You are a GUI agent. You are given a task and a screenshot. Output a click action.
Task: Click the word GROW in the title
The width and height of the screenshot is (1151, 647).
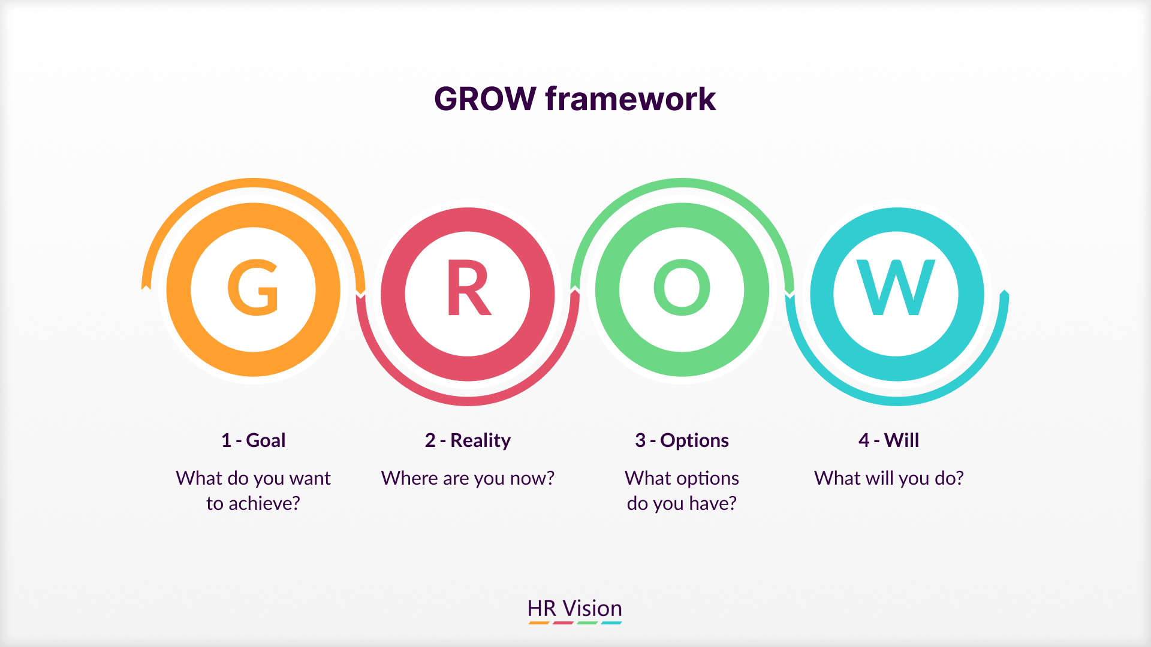(x=484, y=99)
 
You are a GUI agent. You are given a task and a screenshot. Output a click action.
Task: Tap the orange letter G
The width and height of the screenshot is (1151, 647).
(x=253, y=288)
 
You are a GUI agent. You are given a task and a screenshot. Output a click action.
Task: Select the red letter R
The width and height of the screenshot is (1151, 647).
(x=468, y=288)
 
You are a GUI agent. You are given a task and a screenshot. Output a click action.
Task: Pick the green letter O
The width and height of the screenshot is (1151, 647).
(x=682, y=288)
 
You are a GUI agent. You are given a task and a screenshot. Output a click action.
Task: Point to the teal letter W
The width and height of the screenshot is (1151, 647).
(x=896, y=288)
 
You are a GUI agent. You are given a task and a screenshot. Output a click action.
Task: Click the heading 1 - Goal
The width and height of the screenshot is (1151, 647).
(x=253, y=440)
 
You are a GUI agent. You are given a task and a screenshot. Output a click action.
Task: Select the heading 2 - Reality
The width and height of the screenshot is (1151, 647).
(x=468, y=440)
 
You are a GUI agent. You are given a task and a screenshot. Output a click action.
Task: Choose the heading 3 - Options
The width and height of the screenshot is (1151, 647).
(x=682, y=440)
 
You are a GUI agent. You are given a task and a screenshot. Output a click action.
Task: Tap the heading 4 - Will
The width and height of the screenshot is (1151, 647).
(x=888, y=440)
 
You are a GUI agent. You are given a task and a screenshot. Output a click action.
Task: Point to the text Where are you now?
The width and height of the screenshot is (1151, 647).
(x=468, y=478)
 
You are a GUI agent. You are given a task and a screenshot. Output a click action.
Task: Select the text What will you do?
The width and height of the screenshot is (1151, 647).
(x=888, y=478)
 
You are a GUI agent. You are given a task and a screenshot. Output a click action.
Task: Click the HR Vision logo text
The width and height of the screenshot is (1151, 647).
(x=574, y=608)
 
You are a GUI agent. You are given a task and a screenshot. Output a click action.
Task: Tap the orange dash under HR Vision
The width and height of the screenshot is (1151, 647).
(x=539, y=623)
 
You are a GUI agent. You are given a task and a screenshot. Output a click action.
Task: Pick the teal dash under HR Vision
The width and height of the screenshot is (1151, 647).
(x=611, y=623)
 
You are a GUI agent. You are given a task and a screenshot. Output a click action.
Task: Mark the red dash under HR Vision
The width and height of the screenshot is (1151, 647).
(x=563, y=623)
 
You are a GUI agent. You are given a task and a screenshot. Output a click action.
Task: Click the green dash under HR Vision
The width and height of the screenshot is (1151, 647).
(x=587, y=623)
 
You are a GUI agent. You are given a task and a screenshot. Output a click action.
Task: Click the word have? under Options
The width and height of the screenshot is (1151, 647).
(x=713, y=503)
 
